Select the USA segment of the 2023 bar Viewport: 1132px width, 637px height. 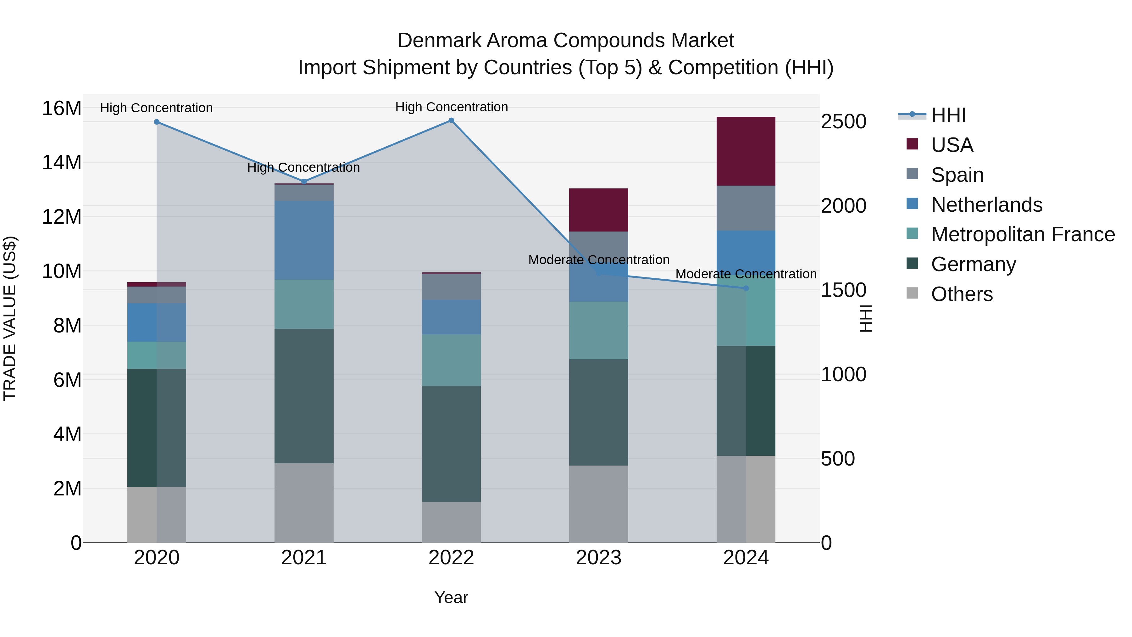(x=598, y=210)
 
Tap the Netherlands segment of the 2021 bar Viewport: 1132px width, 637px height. (x=304, y=240)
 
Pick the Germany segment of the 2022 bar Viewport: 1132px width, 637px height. (x=451, y=444)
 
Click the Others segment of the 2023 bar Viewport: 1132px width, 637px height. (x=598, y=504)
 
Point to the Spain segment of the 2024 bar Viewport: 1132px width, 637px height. (x=746, y=208)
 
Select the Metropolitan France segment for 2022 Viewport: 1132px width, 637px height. (x=451, y=360)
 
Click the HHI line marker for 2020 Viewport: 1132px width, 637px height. (x=157, y=122)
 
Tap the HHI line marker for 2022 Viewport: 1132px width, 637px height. (x=451, y=120)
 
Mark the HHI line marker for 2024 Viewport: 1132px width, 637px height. (x=746, y=288)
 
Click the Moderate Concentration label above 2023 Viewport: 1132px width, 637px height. (x=598, y=260)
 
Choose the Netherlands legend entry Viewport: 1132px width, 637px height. (x=986, y=205)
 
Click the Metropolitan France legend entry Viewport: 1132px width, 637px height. (x=1023, y=234)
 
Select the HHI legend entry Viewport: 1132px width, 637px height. (x=948, y=115)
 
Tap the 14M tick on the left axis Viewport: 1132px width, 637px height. (x=62, y=163)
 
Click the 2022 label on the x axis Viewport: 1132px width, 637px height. (x=451, y=558)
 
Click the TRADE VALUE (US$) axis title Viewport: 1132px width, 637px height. (x=10, y=318)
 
